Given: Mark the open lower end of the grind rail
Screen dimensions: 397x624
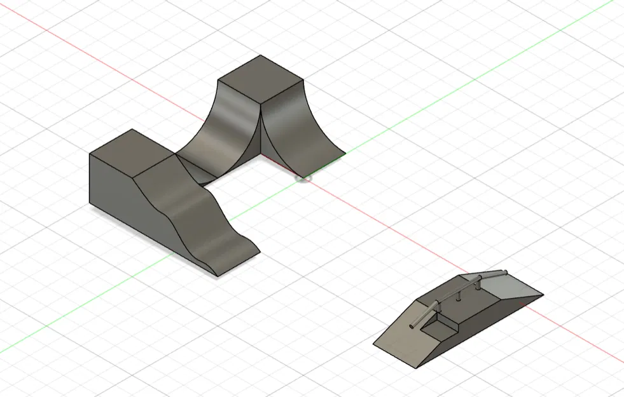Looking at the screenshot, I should point(414,327).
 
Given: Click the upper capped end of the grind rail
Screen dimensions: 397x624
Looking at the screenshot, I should point(506,273).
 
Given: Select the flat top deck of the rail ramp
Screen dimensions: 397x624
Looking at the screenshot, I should point(474,299).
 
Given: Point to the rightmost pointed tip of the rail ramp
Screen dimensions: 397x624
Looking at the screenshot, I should point(543,295).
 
